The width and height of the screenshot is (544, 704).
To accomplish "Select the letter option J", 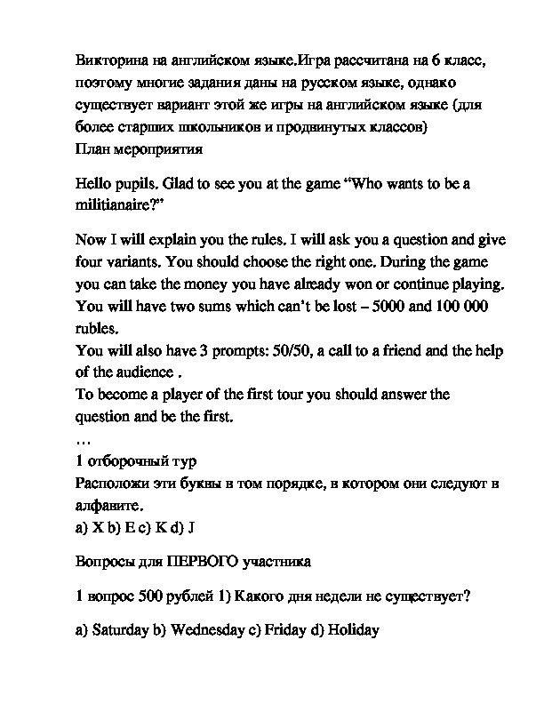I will click(191, 527).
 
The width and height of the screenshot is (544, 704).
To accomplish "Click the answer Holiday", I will click(354, 630).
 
